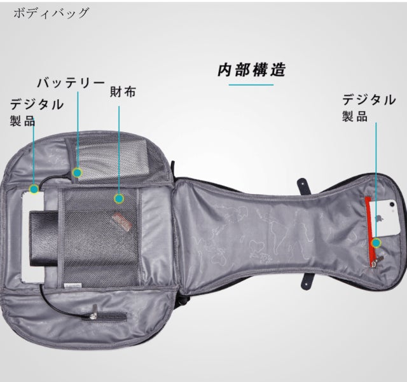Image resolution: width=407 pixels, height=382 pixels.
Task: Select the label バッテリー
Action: tap(70, 83)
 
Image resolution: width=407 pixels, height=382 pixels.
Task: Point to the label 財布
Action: tap(123, 92)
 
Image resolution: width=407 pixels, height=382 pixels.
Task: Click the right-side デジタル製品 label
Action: tap(369, 107)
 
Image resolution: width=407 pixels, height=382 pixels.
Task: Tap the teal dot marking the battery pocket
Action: tap(78, 172)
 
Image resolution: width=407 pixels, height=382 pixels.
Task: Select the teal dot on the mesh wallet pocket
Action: tap(118, 198)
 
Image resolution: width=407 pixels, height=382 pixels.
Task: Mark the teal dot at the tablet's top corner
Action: tap(34, 189)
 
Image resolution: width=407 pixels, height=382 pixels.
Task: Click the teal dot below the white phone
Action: tap(376, 242)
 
